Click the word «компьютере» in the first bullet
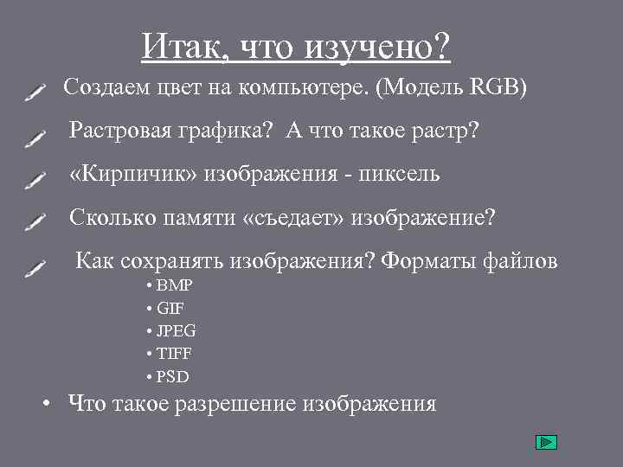311,88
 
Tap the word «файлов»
522,260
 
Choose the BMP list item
175,285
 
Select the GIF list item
170,308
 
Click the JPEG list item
177,331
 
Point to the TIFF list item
175,354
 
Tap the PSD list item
173,377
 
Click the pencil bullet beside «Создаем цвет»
35,92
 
